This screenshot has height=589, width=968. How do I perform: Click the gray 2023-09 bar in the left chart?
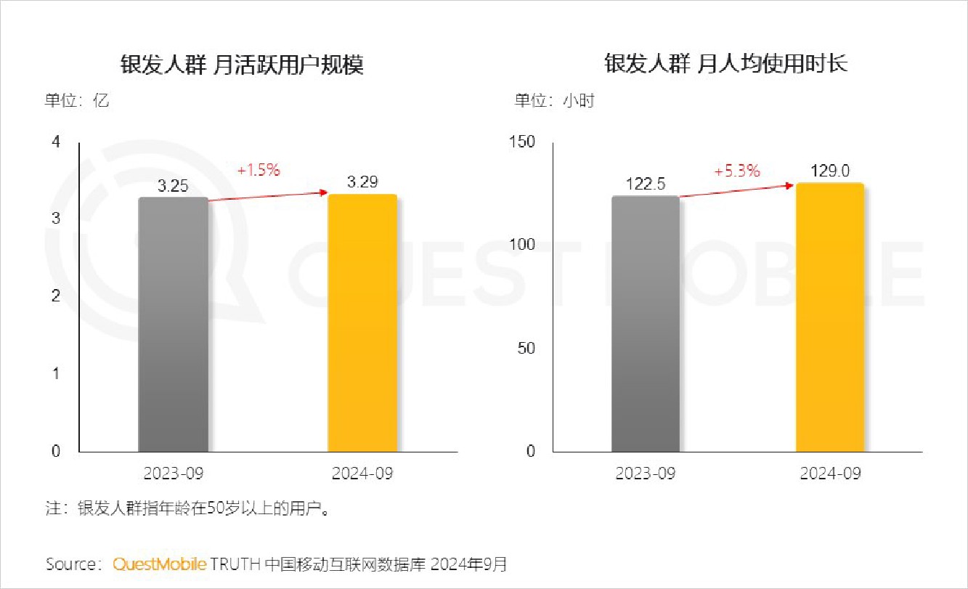click(173, 325)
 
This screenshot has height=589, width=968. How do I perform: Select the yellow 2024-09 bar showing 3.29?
click(362, 323)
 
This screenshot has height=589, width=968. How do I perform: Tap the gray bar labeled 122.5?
click(646, 324)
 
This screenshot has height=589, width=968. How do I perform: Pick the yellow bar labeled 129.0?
click(830, 317)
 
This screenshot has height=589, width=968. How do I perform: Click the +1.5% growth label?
click(259, 171)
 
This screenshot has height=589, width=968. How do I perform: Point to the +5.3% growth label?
click(737, 171)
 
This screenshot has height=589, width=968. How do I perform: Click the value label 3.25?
click(173, 187)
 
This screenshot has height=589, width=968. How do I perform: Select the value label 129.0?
click(831, 171)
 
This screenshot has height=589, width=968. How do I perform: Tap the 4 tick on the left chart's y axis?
click(56, 142)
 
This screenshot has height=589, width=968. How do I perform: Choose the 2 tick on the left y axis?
click(56, 296)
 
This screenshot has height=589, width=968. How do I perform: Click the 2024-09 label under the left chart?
click(362, 474)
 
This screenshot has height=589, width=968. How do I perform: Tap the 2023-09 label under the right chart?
click(646, 474)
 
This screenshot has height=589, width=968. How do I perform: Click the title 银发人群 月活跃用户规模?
click(242, 65)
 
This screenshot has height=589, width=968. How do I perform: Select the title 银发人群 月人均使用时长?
click(726, 64)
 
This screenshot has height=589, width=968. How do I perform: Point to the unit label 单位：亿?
click(78, 101)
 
